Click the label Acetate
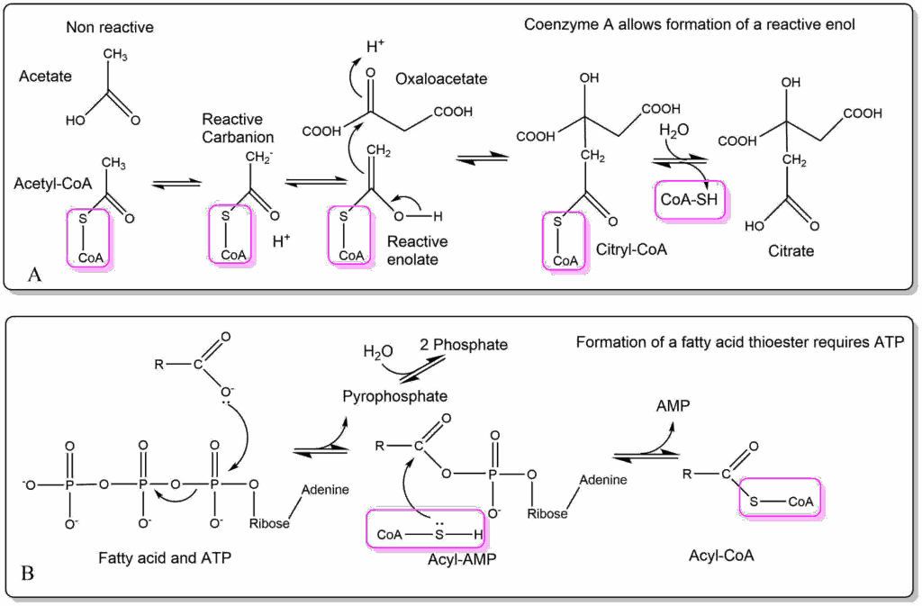click(x=46, y=77)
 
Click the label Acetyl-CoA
click(x=50, y=185)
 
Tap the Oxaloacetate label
click(x=441, y=79)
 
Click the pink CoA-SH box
click(x=691, y=200)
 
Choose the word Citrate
click(x=791, y=251)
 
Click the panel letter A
click(x=35, y=276)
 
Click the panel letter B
click(x=27, y=572)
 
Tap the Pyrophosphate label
click(x=396, y=396)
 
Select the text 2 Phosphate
click(x=464, y=346)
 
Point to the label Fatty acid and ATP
click(x=165, y=558)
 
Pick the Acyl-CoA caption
click(x=720, y=556)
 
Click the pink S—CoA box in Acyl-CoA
click(x=781, y=499)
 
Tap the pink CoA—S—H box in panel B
click(x=434, y=528)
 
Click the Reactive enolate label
click(x=417, y=249)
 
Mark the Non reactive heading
click(x=110, y=28)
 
